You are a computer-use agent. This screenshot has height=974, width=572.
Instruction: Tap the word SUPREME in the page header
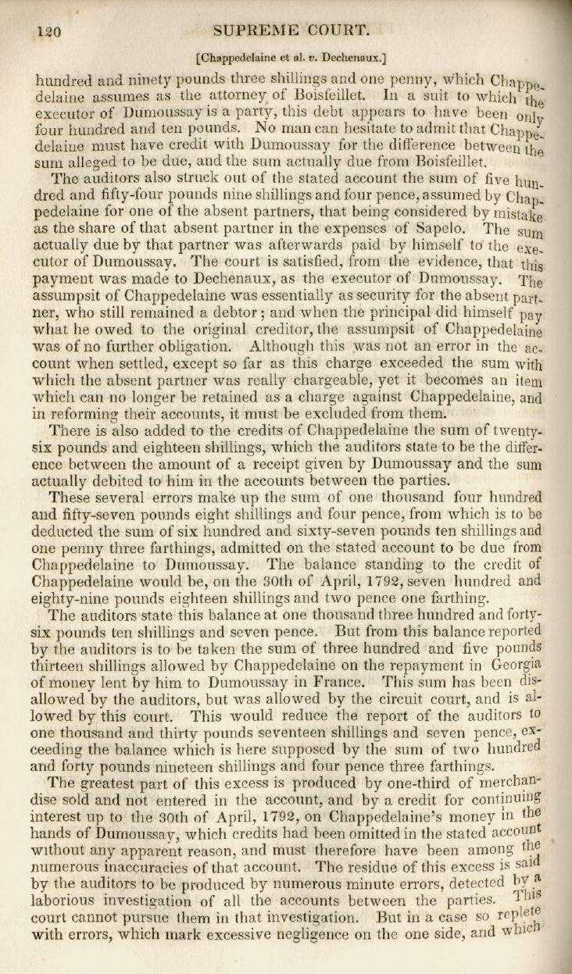point(251,30)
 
